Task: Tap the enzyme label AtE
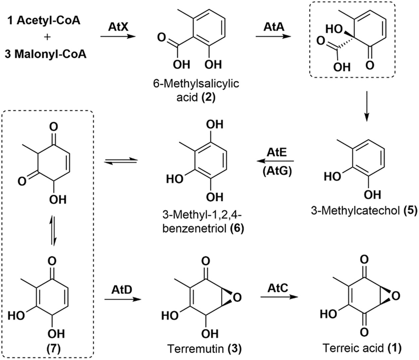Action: point(277,152)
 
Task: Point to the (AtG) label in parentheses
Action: point(277,171)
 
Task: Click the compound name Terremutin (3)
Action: point(204,349)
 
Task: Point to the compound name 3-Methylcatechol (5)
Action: point(364,211)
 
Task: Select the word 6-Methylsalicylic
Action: point(196,83)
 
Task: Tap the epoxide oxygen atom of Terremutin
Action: point(237,297)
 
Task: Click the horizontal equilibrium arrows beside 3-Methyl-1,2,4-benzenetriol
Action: point(121,161)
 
